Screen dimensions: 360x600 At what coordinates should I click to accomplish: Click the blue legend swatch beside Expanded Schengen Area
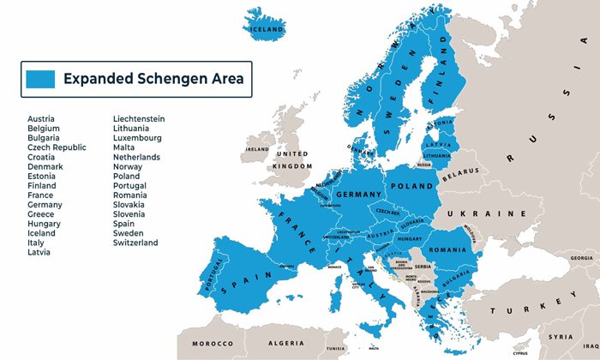point(40,79)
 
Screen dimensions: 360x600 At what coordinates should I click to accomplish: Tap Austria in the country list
point(42,119)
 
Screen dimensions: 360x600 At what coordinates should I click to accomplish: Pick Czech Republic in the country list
point(57,147)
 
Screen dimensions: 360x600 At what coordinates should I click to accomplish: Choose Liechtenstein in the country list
point(139,119)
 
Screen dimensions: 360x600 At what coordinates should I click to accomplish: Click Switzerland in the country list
point(135,243)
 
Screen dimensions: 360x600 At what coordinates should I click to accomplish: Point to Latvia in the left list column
point(39,252)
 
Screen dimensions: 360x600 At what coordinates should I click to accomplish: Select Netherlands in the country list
point(136,158)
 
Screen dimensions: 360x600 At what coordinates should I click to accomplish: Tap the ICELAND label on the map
point(265,28)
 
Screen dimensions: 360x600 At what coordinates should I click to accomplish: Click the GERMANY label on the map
point(357,195)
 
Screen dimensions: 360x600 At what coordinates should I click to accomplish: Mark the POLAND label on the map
point(411,185)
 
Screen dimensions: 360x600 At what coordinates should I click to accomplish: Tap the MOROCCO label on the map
point(211,344)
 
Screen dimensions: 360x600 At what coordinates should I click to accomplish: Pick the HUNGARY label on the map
point(410,239)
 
